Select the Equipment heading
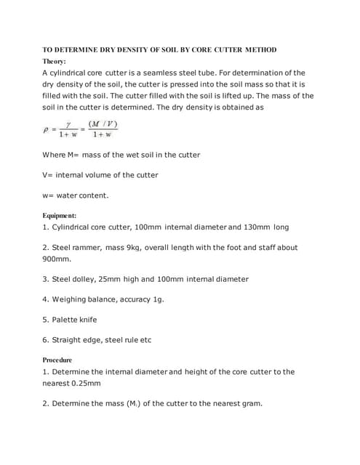(60, 216)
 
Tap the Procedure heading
(57, 360)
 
